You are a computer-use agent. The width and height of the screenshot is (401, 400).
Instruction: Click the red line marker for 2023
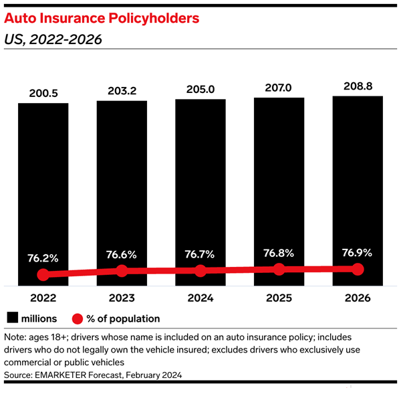(122, 271)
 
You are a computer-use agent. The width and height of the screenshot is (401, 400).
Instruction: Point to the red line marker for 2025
(279, 270)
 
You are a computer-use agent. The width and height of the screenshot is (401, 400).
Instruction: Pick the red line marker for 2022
(43, 274)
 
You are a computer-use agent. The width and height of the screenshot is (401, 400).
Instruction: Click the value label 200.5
(43, 93)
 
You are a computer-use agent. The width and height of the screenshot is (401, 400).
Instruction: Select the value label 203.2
(122, 90)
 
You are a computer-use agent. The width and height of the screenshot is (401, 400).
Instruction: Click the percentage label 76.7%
(200, 254)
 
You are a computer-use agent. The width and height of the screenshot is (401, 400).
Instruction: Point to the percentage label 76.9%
(358, 253)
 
